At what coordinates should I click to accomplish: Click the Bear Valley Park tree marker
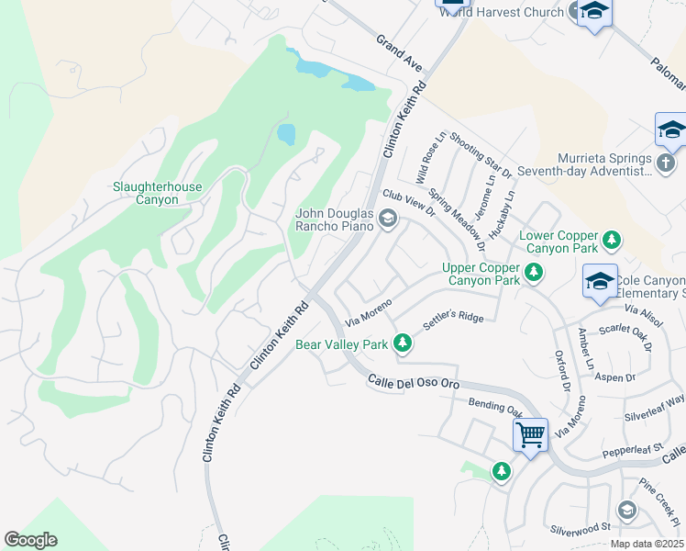[401, 343]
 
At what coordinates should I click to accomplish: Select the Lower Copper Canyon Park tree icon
[611, 242]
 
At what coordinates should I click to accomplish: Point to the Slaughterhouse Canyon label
[157, 193]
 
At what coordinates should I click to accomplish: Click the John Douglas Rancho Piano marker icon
[388, 219]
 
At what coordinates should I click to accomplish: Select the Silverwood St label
[581, 528]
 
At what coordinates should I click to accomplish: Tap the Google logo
[30, 540]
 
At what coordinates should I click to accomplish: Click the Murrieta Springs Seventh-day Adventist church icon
[668, 163]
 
